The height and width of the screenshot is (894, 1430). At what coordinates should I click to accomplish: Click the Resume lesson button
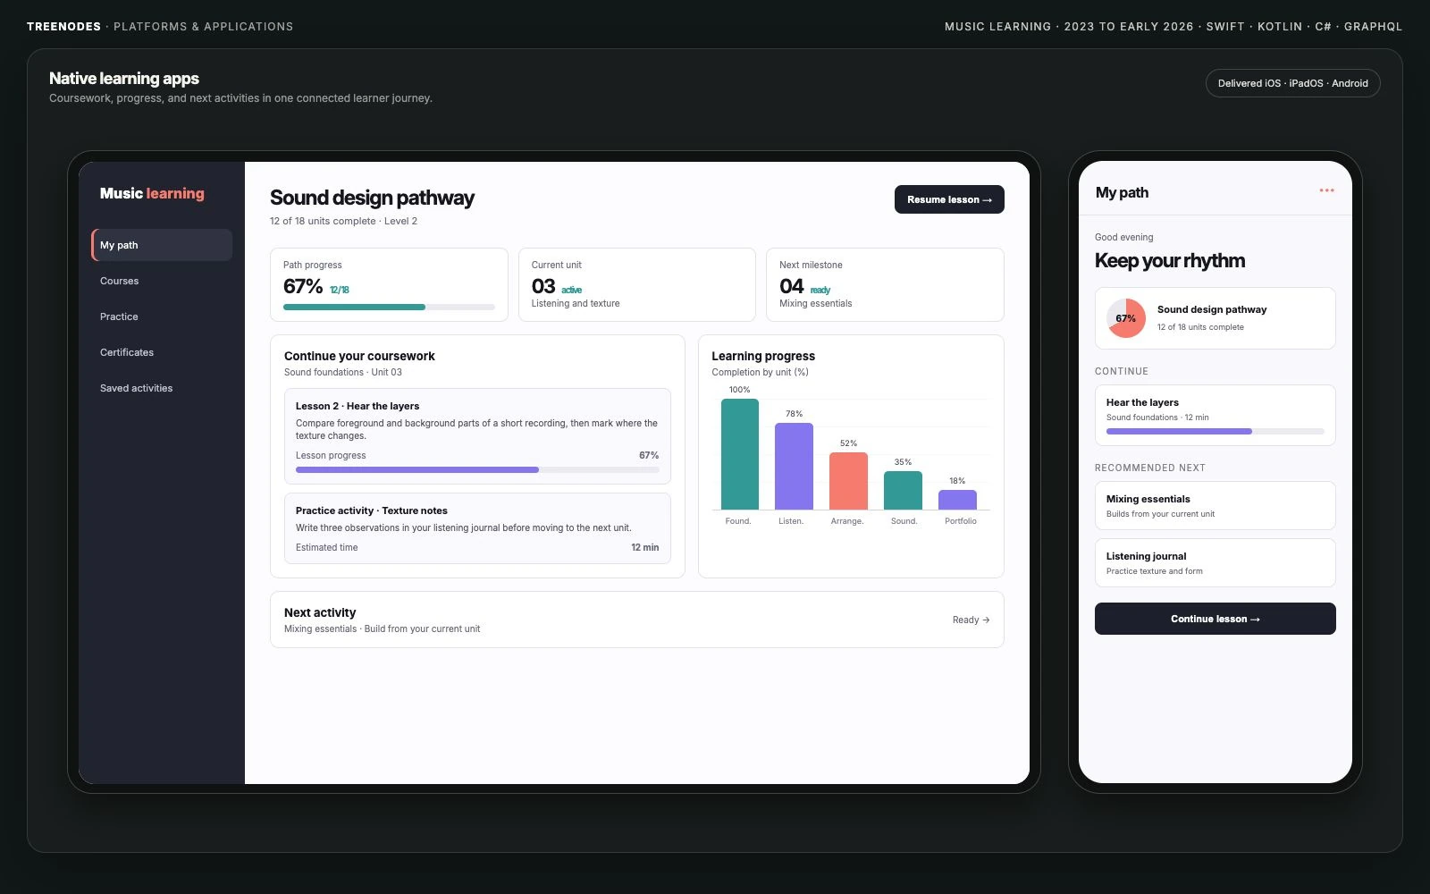pos(948,199)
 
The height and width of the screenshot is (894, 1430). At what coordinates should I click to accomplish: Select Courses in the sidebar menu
pos(120,281)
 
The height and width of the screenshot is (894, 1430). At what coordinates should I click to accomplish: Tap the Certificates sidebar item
pos(126,352)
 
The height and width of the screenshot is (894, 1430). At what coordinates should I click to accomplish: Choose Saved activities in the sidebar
pos(136,388)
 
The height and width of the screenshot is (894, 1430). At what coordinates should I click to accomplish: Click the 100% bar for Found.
pos(739,454)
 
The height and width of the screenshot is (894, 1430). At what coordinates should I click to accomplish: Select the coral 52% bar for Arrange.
pos(848,481)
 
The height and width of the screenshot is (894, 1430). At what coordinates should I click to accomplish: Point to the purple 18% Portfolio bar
pos(957,500)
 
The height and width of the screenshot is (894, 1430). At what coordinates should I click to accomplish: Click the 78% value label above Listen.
pos(795,414)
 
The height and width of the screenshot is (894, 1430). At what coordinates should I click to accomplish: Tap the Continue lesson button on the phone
pos(1215,618)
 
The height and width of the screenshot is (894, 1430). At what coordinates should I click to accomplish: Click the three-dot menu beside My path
pos(1326,190)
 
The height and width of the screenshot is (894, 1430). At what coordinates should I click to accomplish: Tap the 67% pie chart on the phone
pos(1125,318)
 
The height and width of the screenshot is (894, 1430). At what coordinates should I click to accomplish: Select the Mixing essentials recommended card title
pos(1148,499)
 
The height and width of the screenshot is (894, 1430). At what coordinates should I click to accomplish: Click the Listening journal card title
pos(1146,556)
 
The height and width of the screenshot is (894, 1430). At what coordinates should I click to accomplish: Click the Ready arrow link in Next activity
pos(971,620)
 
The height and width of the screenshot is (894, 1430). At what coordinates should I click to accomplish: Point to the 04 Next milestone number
pos(791,286)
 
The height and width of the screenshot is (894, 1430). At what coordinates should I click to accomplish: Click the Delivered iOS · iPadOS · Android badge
pos(1292,83)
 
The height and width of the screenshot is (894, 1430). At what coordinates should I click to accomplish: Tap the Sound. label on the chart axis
pos(904,521)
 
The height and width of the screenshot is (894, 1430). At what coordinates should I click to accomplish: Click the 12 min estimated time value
pos(644,547)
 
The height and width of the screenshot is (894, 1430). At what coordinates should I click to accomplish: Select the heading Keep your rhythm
pos(1170,260)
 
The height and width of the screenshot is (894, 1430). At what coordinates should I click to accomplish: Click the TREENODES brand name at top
pos(63,26)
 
